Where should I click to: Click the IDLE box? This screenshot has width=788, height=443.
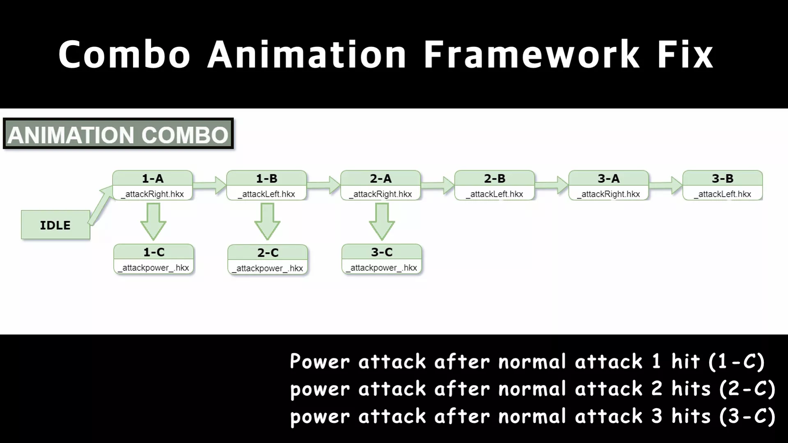pyautogui.click(x=55, y=225)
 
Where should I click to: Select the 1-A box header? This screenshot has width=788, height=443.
pyautogui.click(x=153, y=178)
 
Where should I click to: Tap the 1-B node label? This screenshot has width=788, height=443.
pyautogui.click(x=267, y=178)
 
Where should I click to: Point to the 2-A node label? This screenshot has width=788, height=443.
pyautogui.click(x=381, y=178)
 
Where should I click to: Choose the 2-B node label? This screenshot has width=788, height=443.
pyautogui.click(x=495, y=178)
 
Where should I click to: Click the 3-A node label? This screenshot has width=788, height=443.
pyautogui.click(x=609, y=178)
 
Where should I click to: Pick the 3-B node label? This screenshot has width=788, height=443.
pyautogui.click(x=723, y=178)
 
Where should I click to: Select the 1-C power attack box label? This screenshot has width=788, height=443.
pyautogui.click(x=154, y=252)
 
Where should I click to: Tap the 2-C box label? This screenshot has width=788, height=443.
pyautogui.click(x=268, y=252)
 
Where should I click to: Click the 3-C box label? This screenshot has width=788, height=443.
pyautogui.click(x=382, y=252)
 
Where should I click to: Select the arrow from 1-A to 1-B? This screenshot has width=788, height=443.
pyautogui.click(x=209, y=185)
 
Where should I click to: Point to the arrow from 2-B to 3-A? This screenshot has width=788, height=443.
pyautogui.click(x=552, y=185)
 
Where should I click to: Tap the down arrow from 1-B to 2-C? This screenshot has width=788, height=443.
pyautogui.click(x=267, y=221)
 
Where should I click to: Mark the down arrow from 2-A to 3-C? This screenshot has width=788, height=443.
pyautogui.click(x=382, y=221)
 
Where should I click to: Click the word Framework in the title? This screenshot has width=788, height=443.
pyautogui.click(x=531, y=54)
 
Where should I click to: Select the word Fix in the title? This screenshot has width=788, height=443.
pyautogui.click(x=685, y=54)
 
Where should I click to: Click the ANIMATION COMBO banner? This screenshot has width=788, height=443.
pyautogui.click(x=118, y=134)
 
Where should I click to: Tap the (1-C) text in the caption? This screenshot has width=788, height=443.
pyautogui.click(x=736, y=362)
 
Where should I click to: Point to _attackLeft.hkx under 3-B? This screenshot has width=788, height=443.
pyautogui.click(x=723, y=194)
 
